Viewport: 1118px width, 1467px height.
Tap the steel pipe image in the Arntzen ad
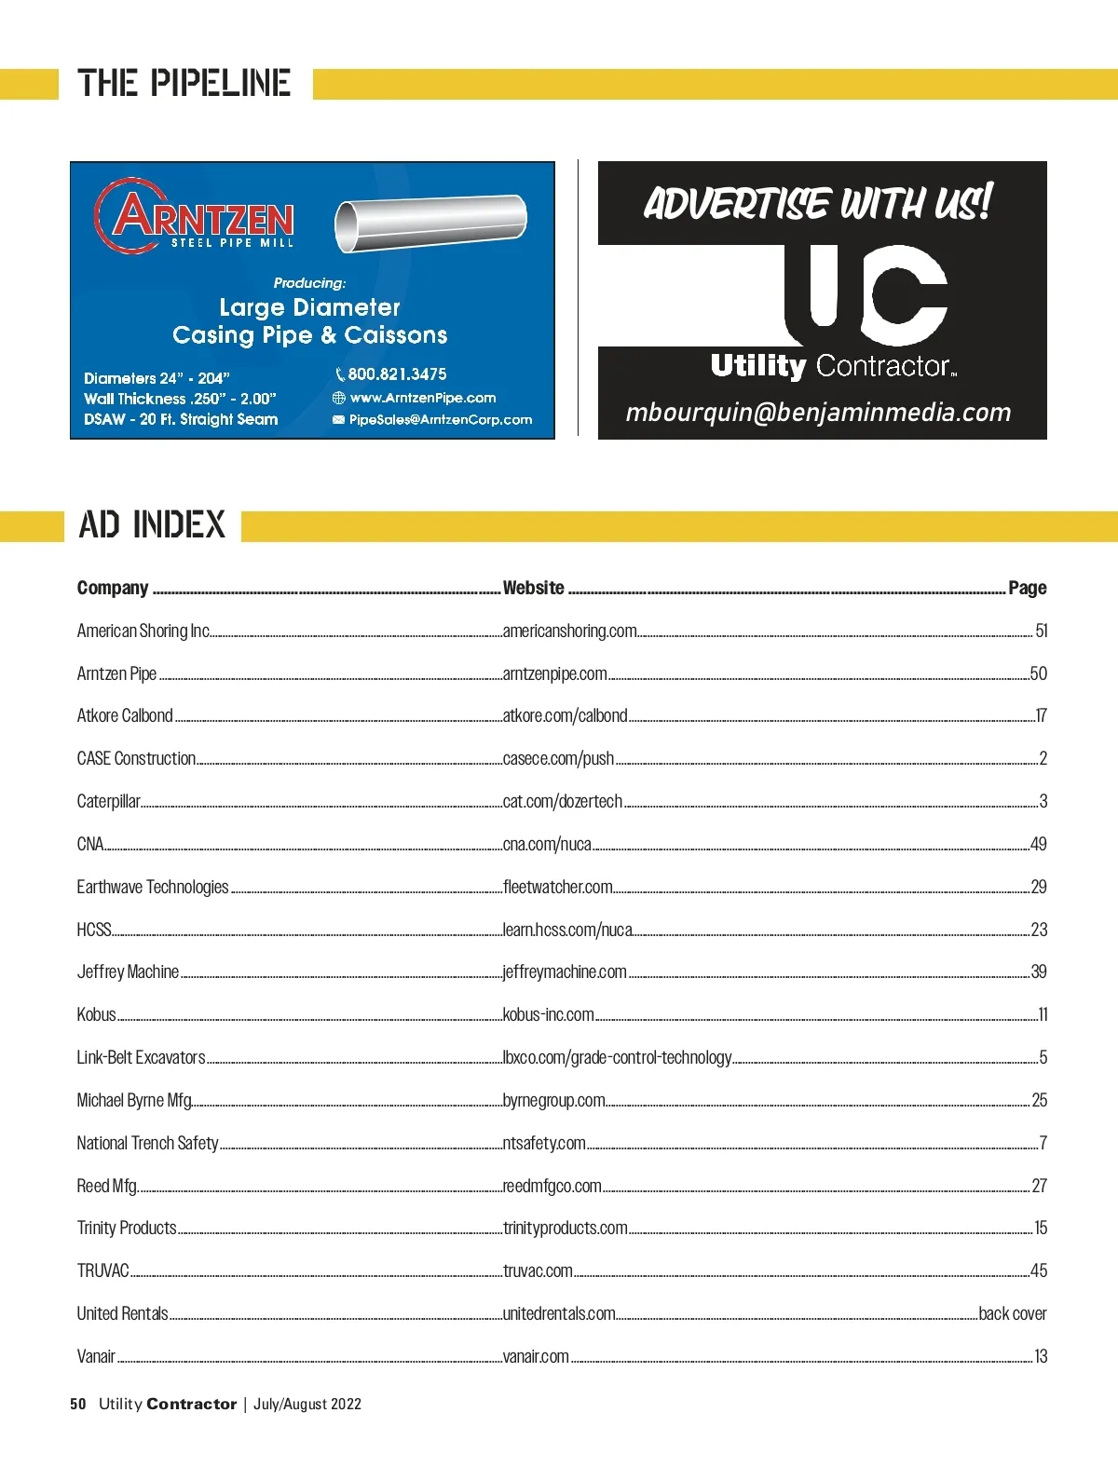[430, 223]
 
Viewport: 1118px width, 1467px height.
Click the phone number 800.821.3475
[397, 374]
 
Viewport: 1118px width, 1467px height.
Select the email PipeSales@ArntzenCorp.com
[440, 420]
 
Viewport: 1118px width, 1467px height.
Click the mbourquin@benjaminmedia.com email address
[818, 413]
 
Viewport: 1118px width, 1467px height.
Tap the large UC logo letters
[866, 293]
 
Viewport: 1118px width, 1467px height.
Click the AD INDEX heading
[152, 525]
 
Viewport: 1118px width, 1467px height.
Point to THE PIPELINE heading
[184, 84]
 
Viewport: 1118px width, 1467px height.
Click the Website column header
[533, 588]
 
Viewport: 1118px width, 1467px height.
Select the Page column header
[1027, 588]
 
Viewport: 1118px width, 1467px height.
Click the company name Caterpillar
[108, 801]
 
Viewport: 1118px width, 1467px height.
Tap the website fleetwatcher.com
[557, 887]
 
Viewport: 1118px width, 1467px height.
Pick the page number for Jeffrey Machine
[1039, 971]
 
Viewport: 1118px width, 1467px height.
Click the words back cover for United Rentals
[1012, 1313]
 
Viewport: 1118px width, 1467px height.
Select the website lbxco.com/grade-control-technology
[617, 1057]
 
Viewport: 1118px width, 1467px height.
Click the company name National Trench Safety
[147, 1143]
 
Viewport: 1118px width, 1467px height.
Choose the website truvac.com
[538, 1270]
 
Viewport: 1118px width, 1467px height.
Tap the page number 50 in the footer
[78, 1404]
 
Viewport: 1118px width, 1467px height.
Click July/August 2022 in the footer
[307, 1404]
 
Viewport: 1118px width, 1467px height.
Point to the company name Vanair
[96, 1356]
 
